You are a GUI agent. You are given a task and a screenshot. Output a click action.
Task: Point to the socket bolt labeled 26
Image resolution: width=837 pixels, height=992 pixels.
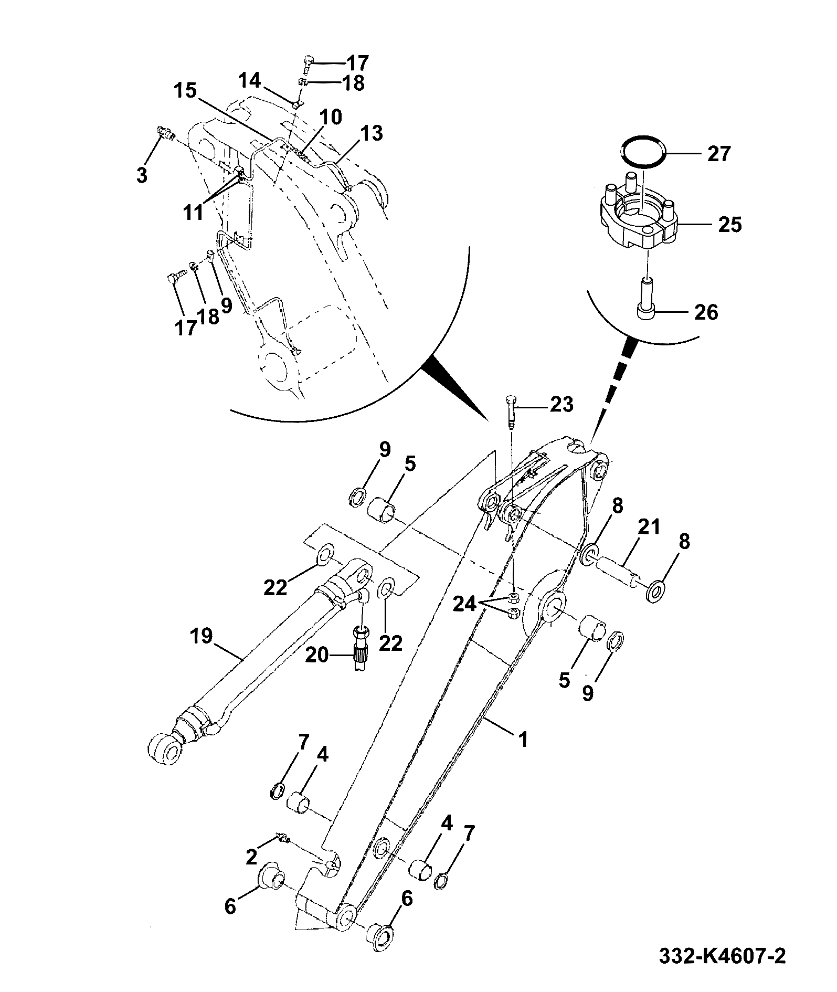[647, 297]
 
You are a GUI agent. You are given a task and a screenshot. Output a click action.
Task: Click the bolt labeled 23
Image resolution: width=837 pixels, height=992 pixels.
[512, 412]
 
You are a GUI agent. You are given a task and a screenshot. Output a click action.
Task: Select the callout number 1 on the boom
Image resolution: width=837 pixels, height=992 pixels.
[523, 740]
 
